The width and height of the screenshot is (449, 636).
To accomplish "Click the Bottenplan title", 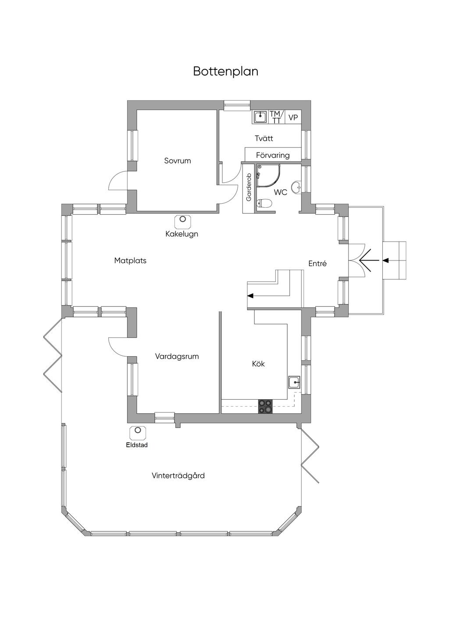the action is [226, 72].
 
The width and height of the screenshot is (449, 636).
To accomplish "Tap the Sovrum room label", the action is [178, 161].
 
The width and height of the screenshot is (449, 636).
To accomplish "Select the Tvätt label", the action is [264, 138].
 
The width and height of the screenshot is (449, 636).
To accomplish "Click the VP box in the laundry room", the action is [293, 117].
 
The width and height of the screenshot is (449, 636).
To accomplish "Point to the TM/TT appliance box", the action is [275, 117].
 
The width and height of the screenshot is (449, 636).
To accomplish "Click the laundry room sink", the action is [260, 117].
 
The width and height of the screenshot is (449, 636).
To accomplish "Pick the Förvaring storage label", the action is [273, 155].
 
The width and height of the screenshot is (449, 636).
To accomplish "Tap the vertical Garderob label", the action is [249, 187].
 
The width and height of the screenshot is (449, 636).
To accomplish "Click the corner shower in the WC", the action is [268, 176].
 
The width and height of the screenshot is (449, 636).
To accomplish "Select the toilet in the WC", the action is [264, 203].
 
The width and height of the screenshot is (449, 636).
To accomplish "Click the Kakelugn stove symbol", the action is [183, 222].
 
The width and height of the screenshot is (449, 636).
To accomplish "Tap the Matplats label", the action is [130, 260].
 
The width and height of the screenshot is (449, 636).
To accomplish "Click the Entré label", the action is [317, 264].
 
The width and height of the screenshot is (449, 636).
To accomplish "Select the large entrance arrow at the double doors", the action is [369, 260].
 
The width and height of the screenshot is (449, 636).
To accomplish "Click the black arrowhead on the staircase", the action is [250, 296].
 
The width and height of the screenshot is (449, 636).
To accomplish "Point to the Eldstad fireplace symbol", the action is [138, 433].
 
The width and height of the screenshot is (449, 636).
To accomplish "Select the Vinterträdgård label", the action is [178, 476].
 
